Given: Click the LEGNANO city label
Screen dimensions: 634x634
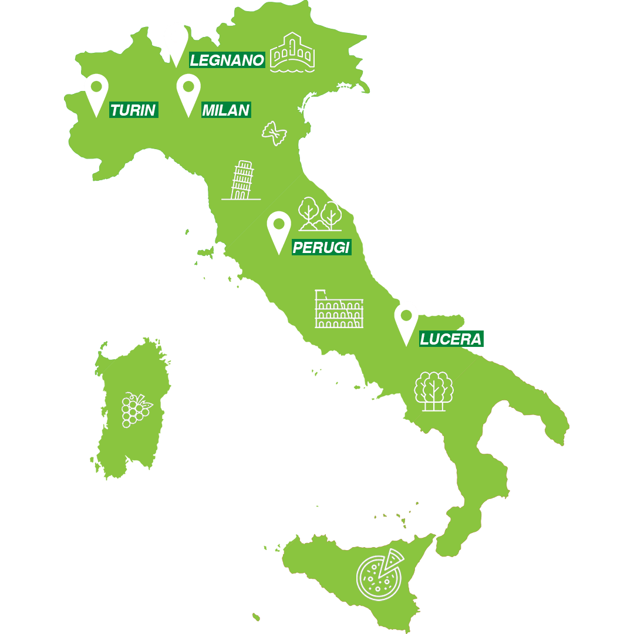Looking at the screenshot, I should click(x=227, y=60).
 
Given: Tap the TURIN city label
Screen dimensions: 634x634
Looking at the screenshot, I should click(x=133, y=110).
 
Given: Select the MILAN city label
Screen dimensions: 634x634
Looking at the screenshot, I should click(x=226, y=110).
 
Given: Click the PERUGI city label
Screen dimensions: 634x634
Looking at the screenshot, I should click(x=321, y=248).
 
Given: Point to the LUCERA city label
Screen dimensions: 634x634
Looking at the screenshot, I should click(x=451, y=339).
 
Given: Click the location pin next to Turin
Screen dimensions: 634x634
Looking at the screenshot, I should click(x=96, y=94).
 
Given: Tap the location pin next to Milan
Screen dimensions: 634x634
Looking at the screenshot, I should click(x=188, y=94).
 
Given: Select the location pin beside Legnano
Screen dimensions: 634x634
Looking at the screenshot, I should click(x=176, y=44).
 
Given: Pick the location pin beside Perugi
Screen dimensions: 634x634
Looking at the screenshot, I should click(x=279, y=231).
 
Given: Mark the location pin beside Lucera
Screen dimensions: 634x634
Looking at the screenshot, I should click(x=406, y=323).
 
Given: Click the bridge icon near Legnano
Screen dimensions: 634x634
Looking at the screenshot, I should click(x=292, y=53).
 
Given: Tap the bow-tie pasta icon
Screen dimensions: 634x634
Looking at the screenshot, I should click(x=274, y=134).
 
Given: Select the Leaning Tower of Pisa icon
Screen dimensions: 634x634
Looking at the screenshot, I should click(x=241, y=180).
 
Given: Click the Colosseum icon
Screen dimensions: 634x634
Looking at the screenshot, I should click(x=339, y=309).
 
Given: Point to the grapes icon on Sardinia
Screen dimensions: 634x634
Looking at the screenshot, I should click(x=136, y=410).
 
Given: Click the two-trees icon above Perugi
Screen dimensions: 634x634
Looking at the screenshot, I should click(x=320, y=214).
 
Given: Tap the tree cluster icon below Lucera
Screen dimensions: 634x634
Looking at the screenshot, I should click(x=434, y=391).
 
